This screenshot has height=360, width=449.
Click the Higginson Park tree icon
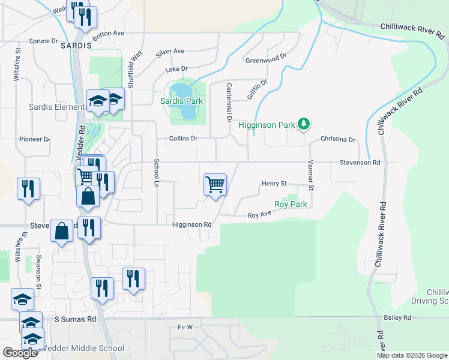pyautogui.click(x=304, y=124)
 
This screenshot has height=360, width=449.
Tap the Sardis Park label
pyautogui.click(x=181, y=101)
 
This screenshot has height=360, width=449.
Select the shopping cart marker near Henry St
pyautogui.click(x=215, y=184)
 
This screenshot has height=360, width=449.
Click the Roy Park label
pyautogui.click(x=291, y=204)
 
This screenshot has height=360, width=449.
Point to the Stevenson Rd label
pyautogui.click(x=360, y=163)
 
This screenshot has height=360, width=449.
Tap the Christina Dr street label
pyautogui.click(x=337, y=139)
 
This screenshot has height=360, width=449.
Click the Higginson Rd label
pyautogui.click(x=192, y=224)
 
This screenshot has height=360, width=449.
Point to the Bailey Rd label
pyautogui.click(x=398, y=317)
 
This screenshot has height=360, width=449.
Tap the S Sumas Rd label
pyautogui.click(x=75, y=320)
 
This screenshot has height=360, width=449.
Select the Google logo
pyautogui.click(x=20, y=353)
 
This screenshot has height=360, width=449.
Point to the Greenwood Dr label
pyautogui.click(x=266, y=61)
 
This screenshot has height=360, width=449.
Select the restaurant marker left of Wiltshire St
pyautogui.click(x=28, y=190)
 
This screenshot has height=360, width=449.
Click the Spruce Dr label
pyautogui.click(x=43, y=41)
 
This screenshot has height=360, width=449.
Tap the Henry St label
pyautogui.click(x=274, y=184)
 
